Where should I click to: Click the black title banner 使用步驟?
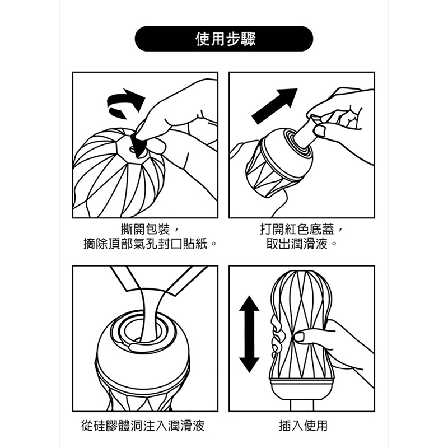coord(223,39)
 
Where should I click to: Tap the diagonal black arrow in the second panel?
coord(274,106)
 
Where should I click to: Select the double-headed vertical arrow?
coord(249,334)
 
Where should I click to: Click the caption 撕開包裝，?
coord(150,229)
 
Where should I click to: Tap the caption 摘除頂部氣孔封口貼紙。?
coord(150,244)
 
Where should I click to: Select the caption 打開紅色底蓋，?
coord(301,229)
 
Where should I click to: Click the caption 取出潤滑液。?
coord(301,244)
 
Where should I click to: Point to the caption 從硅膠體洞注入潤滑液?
coord(143,426)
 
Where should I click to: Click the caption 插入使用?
coord(303,426)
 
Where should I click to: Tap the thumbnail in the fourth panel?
coord(300,337)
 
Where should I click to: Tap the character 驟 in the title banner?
coord(248,39)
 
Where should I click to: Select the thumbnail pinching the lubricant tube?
coord(319,130)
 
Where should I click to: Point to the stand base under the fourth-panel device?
coord(302,405)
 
